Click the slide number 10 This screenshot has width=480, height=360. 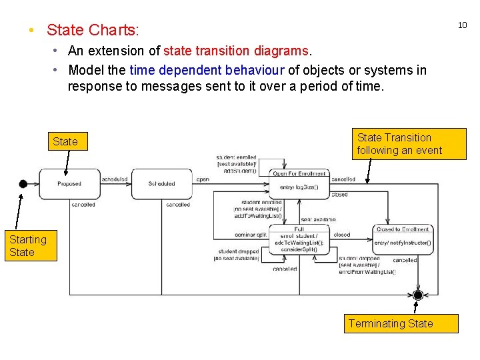point(462,25)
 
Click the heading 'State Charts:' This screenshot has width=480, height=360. point(93,30)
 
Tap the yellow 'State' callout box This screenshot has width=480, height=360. point(65,141)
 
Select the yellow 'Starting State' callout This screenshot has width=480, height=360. point(28,245)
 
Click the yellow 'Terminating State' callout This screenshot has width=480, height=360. point(391,323)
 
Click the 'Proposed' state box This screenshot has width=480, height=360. point(69,184)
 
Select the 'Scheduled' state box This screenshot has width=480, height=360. point(161,184)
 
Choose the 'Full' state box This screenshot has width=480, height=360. point(299,240)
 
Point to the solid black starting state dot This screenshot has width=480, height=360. point(23,184)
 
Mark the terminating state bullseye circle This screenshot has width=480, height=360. point(418,295)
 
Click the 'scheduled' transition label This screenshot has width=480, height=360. point(115,179)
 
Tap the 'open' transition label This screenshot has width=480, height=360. point(203,179)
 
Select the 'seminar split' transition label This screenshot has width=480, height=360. point(251,235)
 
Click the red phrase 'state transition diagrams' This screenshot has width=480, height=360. point(236,51)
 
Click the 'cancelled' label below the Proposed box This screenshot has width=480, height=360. point(83,205)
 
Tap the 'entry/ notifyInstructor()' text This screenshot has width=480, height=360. point(403,243)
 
